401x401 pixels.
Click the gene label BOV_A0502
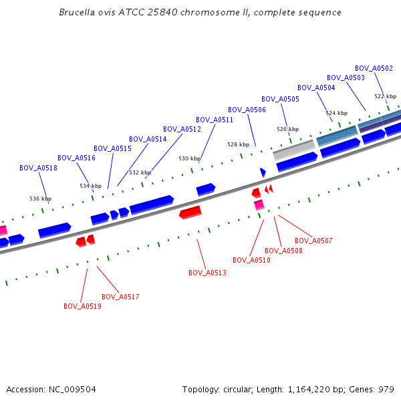point(374,68)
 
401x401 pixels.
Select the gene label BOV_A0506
point(247,110)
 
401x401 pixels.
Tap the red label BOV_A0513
point(207,273)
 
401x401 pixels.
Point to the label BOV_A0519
point(82,306)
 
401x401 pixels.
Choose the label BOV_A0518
point(38,168)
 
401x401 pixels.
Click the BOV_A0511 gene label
point(215,120)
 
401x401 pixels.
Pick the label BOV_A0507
point(313,241)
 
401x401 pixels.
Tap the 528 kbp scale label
point(237,144)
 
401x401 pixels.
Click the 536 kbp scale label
point(40,198)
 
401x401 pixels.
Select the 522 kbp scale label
point(384,96)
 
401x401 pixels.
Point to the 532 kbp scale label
point(140,172)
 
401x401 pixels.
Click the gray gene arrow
point(293,150)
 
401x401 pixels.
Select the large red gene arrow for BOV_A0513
point(190,213)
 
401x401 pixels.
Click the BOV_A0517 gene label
point(120,297)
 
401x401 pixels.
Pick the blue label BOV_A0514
point(148,139)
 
